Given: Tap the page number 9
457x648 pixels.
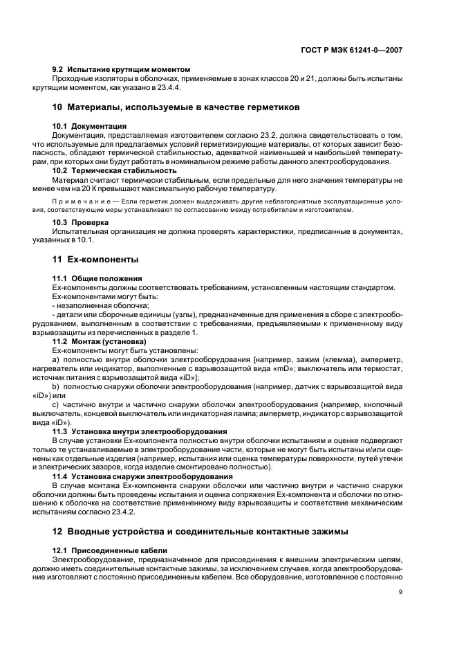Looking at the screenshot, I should coord(400,592).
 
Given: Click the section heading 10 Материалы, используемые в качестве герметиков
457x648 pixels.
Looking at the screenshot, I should coord(176,109).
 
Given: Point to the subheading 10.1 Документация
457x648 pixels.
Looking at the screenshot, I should coord(89,127).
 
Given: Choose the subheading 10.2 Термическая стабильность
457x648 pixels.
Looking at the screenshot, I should coord(114,170).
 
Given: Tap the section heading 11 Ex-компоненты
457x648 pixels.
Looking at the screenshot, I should coord(95,260).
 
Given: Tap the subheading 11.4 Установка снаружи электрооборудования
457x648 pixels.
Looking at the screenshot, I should coord(142,476).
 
